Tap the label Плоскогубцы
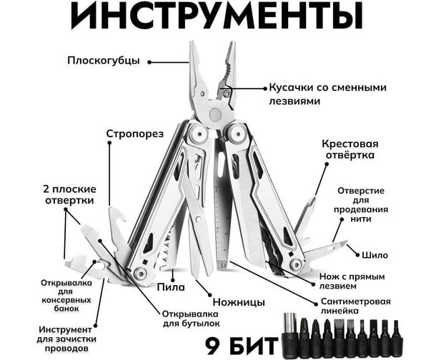103,60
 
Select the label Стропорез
135,134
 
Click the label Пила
172,286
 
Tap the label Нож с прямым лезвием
352,281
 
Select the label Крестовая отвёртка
350,148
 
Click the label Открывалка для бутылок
191,319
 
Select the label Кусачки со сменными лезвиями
327,94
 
